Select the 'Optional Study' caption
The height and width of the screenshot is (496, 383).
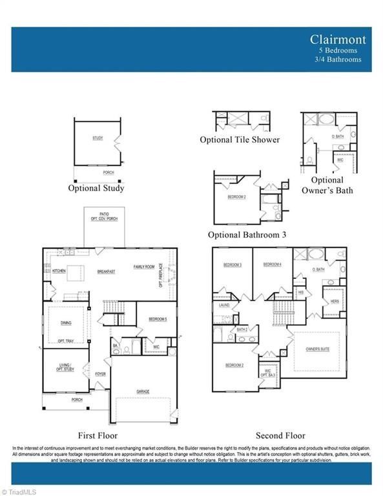point(96,189)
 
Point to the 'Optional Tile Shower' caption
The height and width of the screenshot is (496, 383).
point(240,139)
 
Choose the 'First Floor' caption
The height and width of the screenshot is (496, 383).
point(98,435)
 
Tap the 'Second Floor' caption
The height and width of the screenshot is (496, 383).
point(280,435)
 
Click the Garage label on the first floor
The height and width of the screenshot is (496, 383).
point(143,391)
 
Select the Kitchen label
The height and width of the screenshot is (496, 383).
point(59,271)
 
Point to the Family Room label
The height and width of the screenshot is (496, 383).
point(144,267)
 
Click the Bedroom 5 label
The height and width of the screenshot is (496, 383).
point(157,320)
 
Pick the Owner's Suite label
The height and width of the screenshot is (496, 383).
point(318,349)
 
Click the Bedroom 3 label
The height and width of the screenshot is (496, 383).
point(233,265)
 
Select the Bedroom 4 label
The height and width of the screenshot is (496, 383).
point(272,265)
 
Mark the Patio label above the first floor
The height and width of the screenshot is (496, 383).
point(104,214)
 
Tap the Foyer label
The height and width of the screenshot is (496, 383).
point(101,374)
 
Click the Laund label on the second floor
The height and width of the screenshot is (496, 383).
point(224,305)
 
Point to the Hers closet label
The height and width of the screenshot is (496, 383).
point(335,302)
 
